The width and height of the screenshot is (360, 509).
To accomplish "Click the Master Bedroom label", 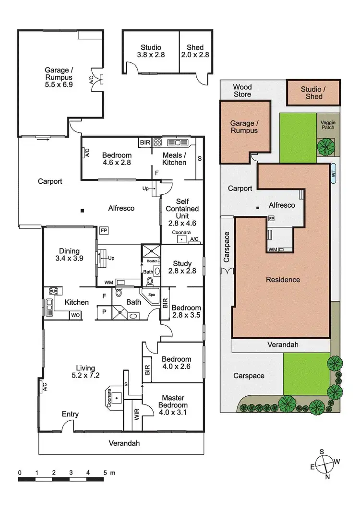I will coord(173,402).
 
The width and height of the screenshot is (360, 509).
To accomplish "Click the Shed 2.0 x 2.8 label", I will coord(195,51).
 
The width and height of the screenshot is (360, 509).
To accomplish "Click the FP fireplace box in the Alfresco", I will coord(104,230).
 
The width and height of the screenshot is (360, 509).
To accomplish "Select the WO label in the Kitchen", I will coord(75,315).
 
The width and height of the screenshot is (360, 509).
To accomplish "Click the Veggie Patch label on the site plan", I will coord(328,125).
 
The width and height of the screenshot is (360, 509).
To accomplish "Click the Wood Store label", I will coord(242,91).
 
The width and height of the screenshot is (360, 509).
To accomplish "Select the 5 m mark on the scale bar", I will coord(105,473).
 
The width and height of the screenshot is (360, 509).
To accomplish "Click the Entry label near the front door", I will coord(70,414).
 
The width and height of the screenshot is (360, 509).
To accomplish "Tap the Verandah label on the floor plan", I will coord(123,443).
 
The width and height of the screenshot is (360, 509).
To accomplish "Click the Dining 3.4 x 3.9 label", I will coord(70,255).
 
